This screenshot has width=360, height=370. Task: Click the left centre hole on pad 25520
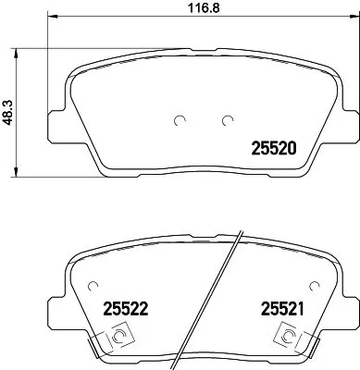180,118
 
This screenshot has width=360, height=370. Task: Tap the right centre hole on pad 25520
228,118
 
